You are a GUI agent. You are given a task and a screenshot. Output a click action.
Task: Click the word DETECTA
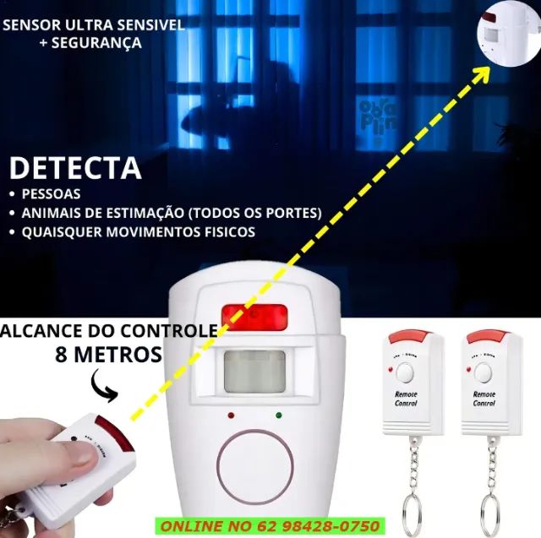coord(75,167)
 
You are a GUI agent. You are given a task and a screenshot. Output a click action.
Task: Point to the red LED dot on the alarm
coord(230,416)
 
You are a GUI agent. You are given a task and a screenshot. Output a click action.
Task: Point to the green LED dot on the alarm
coord(278,415)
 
